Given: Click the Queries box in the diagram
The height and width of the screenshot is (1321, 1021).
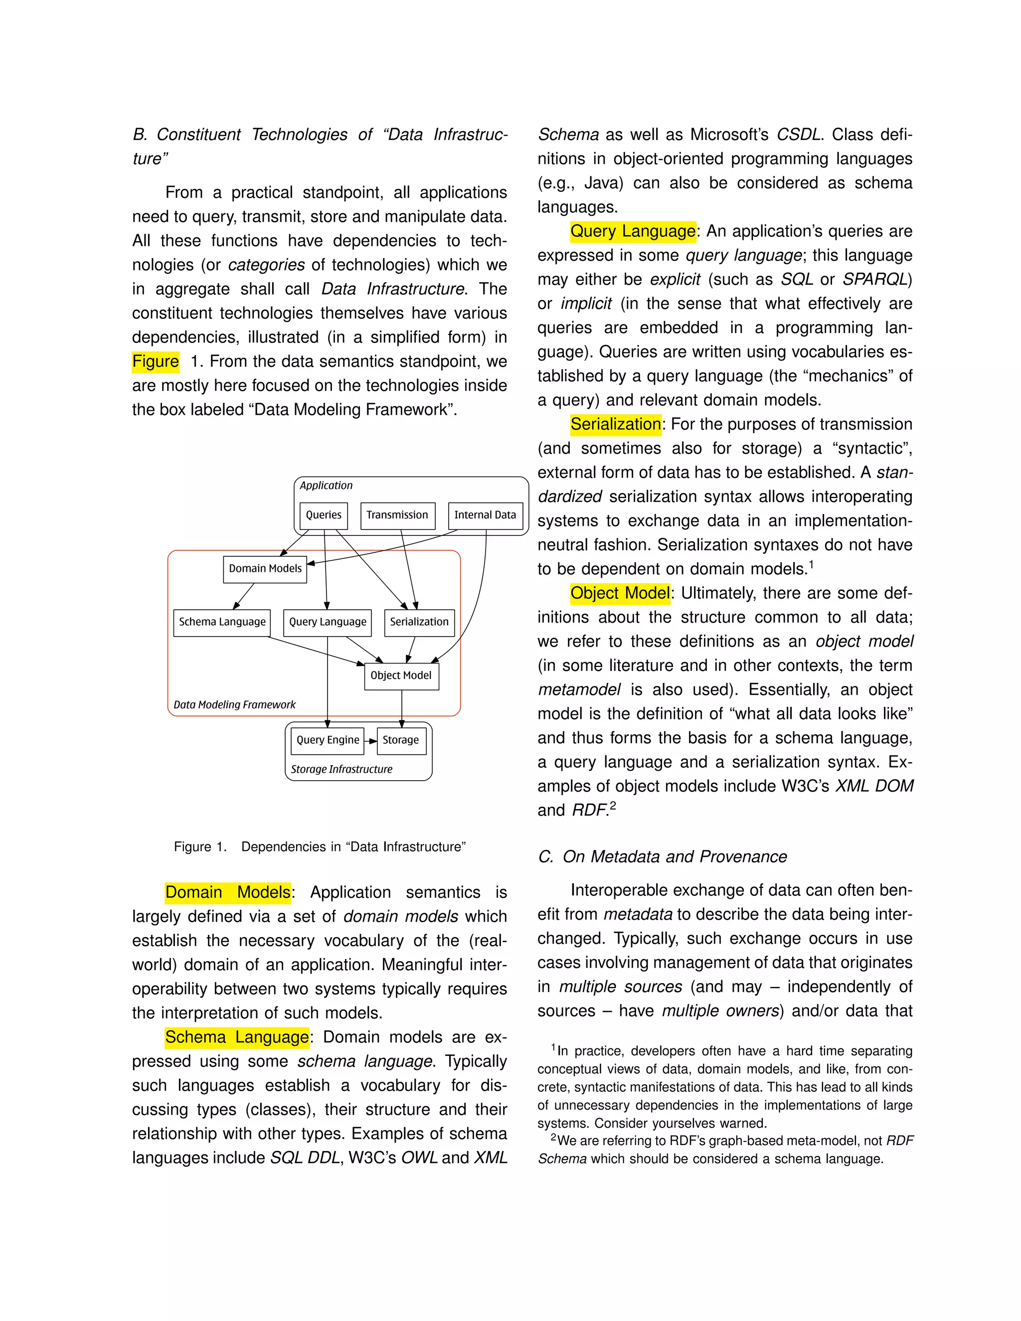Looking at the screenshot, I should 324,515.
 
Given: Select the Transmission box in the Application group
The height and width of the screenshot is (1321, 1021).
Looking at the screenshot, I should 397,515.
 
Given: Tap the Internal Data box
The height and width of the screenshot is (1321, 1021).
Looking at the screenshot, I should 485,515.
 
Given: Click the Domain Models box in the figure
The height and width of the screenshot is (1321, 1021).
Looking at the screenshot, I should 265,569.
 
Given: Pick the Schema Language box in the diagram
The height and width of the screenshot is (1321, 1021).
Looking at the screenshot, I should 222,623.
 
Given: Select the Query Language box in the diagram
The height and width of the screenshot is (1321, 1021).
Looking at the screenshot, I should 327,623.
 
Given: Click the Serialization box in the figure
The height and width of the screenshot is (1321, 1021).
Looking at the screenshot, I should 419,623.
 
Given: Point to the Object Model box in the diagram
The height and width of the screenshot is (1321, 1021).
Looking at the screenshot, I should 401,675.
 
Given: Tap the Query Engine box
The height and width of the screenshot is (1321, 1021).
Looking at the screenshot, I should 327,740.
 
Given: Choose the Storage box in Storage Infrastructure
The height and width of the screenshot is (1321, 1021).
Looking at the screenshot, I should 401,740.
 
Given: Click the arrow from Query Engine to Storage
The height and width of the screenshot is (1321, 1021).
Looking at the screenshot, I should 371,741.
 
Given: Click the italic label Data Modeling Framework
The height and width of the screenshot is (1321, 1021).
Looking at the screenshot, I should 235,705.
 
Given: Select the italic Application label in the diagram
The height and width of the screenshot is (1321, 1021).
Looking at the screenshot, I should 326,486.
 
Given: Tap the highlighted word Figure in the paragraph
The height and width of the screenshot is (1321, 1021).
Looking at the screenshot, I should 156,362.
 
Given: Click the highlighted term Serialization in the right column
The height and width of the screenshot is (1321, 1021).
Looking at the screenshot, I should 615,424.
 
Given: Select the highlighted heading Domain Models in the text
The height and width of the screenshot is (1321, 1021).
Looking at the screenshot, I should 228,892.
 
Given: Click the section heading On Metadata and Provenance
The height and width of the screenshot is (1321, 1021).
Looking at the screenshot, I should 663,856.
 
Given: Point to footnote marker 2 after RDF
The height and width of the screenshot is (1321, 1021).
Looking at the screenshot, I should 613,806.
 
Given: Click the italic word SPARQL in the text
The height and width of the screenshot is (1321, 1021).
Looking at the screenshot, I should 874,280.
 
